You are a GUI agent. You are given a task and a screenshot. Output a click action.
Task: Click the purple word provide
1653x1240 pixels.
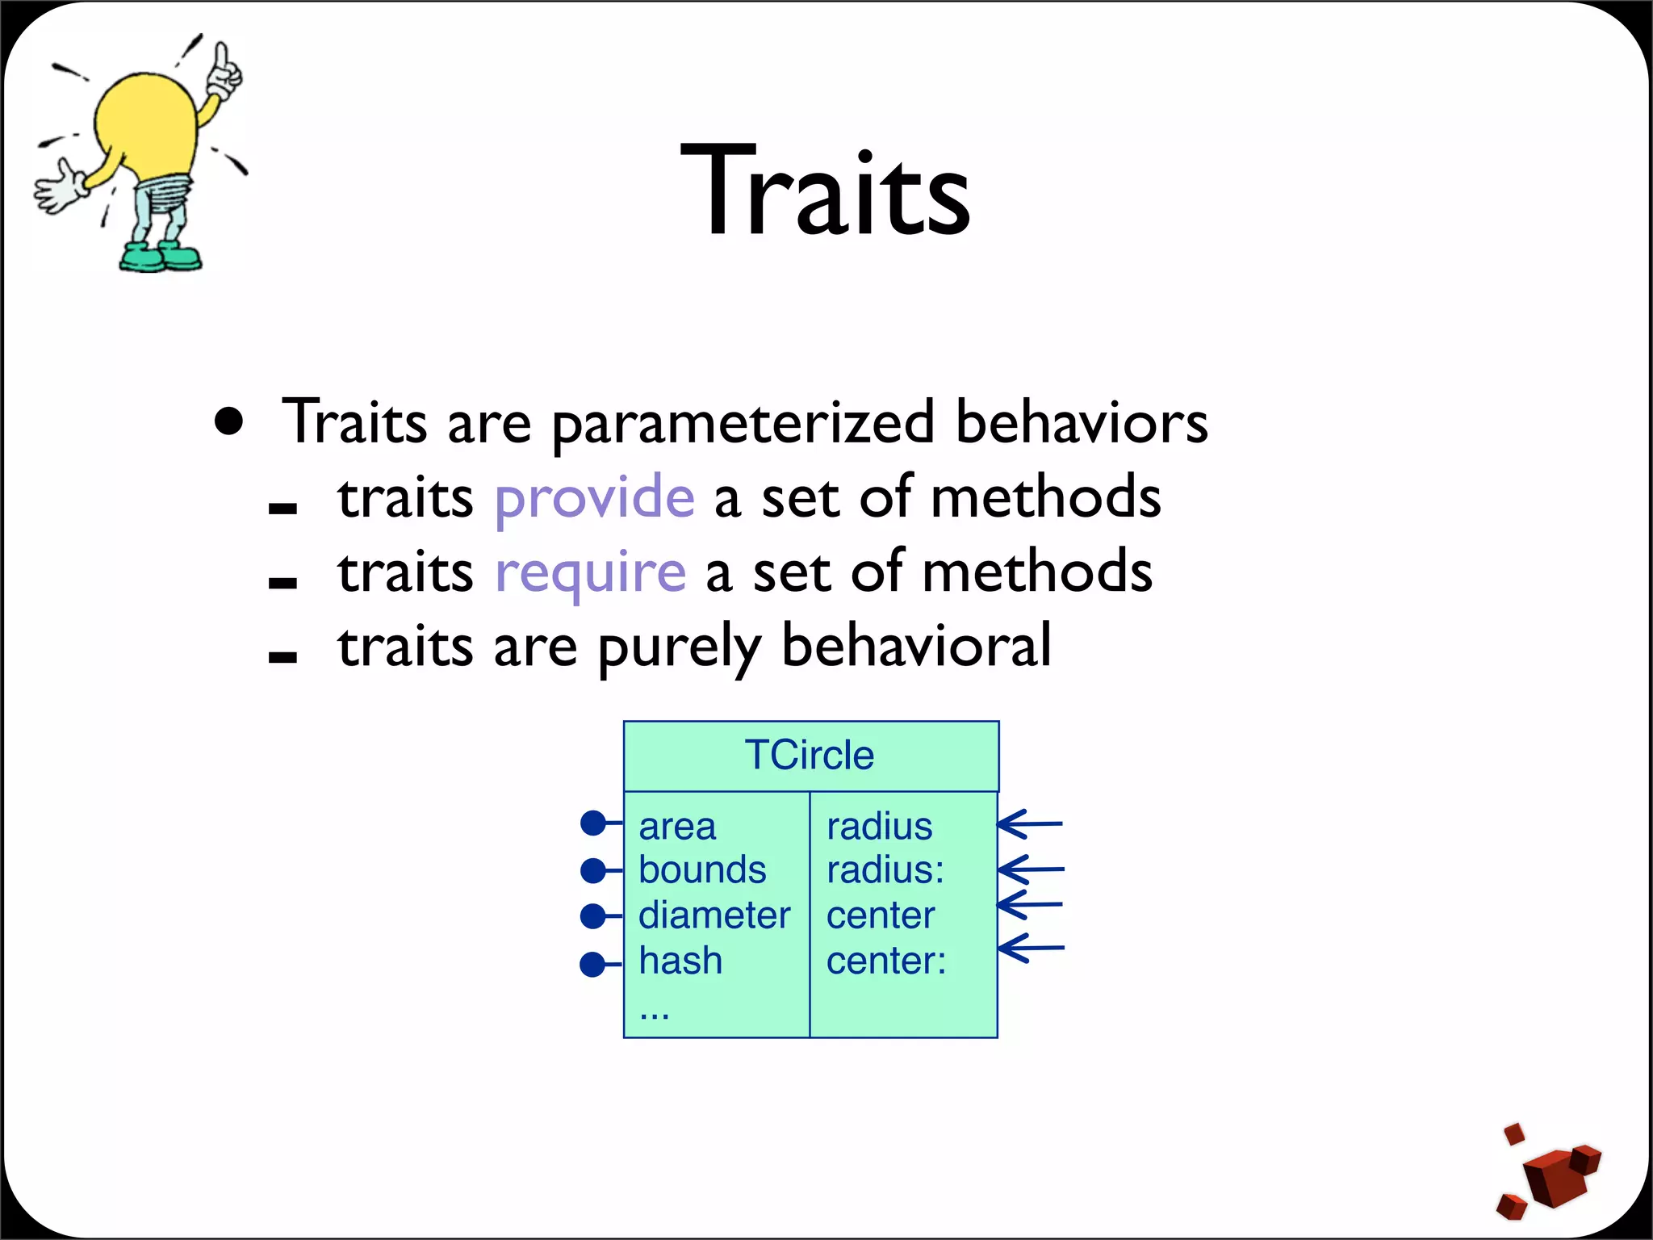[594, 498]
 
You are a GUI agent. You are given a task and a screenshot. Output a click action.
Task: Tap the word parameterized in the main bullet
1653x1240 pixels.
[743, 423]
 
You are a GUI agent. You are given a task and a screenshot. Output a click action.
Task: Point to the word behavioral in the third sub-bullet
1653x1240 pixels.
[916, 646]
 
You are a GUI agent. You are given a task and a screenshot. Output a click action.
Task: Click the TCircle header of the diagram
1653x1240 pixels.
[810, 756]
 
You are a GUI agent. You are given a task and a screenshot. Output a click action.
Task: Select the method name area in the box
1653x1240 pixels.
[677, 827]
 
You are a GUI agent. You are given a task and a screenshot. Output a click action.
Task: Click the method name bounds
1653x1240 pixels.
[701, 870]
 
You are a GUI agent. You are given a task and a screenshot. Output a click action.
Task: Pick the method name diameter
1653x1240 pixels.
[714, 915]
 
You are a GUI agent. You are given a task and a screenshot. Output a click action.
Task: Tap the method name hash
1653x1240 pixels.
[680, 961]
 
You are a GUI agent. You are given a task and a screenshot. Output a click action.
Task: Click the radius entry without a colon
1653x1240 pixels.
[879, 827]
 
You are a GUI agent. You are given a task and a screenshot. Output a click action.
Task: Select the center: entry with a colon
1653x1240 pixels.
[885, 961]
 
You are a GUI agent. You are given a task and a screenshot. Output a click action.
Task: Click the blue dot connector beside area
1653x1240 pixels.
[593, 823]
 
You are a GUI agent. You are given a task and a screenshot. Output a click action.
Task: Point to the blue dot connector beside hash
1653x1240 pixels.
[593, 964]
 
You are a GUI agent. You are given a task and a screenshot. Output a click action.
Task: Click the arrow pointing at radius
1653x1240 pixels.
[1029, 823]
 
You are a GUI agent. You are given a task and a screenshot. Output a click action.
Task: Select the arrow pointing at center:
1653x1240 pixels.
[1029, 948]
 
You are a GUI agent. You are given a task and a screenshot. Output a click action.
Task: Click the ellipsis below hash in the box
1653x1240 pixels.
[654, 1014]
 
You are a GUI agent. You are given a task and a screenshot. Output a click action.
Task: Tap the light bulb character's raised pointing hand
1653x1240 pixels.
[223, 73]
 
